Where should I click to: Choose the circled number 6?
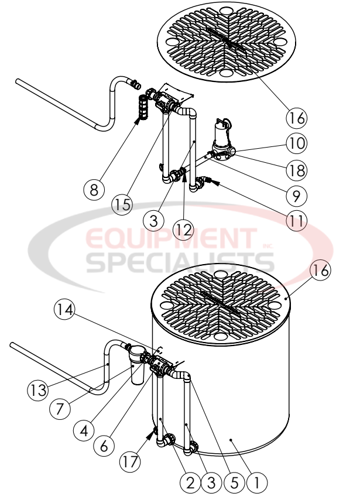click(103, 445)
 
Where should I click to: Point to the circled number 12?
click(184, 229)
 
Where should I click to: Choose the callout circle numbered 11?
click(296, 221)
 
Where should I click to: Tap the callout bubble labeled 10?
click(296, 143)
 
